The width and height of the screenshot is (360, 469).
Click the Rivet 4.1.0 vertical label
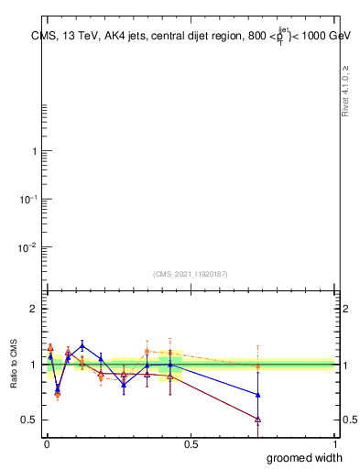[345, 92]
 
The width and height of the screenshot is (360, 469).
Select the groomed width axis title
[306, 457]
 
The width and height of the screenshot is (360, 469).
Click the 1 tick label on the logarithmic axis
[33, 150]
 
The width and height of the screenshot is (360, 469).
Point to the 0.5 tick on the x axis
[191, 442]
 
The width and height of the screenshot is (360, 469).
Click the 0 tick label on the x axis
[46, 442]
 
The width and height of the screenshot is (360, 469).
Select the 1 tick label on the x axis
[335, 442]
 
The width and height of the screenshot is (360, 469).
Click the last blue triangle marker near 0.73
[257, 395]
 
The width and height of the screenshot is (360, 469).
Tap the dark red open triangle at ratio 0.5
[257, 420]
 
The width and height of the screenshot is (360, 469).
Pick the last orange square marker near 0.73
[257, 366]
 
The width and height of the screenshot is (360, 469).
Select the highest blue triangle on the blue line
[82, 345]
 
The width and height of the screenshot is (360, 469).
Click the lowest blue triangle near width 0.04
[58, 387]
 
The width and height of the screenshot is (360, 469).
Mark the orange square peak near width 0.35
[147, 351]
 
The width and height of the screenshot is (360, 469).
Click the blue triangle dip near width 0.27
[124, 384]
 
